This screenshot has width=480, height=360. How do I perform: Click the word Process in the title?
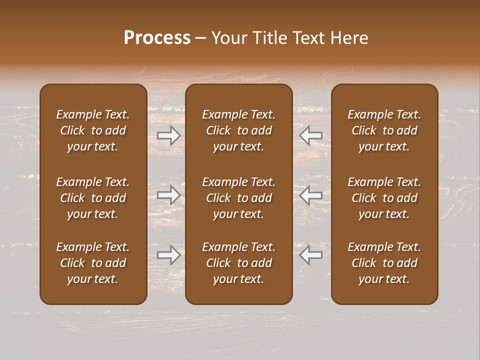point(157,38)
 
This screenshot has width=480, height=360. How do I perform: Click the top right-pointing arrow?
point(169,135)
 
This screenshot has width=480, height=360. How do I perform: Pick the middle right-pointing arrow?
point(169,195)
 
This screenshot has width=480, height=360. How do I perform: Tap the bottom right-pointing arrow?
point(169,255)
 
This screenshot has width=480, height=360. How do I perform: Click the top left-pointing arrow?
point(310,135)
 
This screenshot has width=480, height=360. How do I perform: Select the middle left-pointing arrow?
point(310,195)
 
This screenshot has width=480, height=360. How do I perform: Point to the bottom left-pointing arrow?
point(310,255)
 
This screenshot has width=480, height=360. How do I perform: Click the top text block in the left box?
point(93,130)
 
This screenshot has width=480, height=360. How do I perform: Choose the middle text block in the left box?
point(93,198)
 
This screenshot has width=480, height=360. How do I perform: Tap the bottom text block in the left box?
point(93,263)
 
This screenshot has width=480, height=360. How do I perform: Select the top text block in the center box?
point(238,130)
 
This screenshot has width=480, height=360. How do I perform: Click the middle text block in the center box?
point(238,198)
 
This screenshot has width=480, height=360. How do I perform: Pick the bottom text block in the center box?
point(238,263)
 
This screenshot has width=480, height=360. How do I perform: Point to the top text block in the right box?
point(384,130)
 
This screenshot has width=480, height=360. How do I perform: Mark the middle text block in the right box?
point(384,198)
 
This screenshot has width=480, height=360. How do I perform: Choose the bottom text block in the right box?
point(384,263)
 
